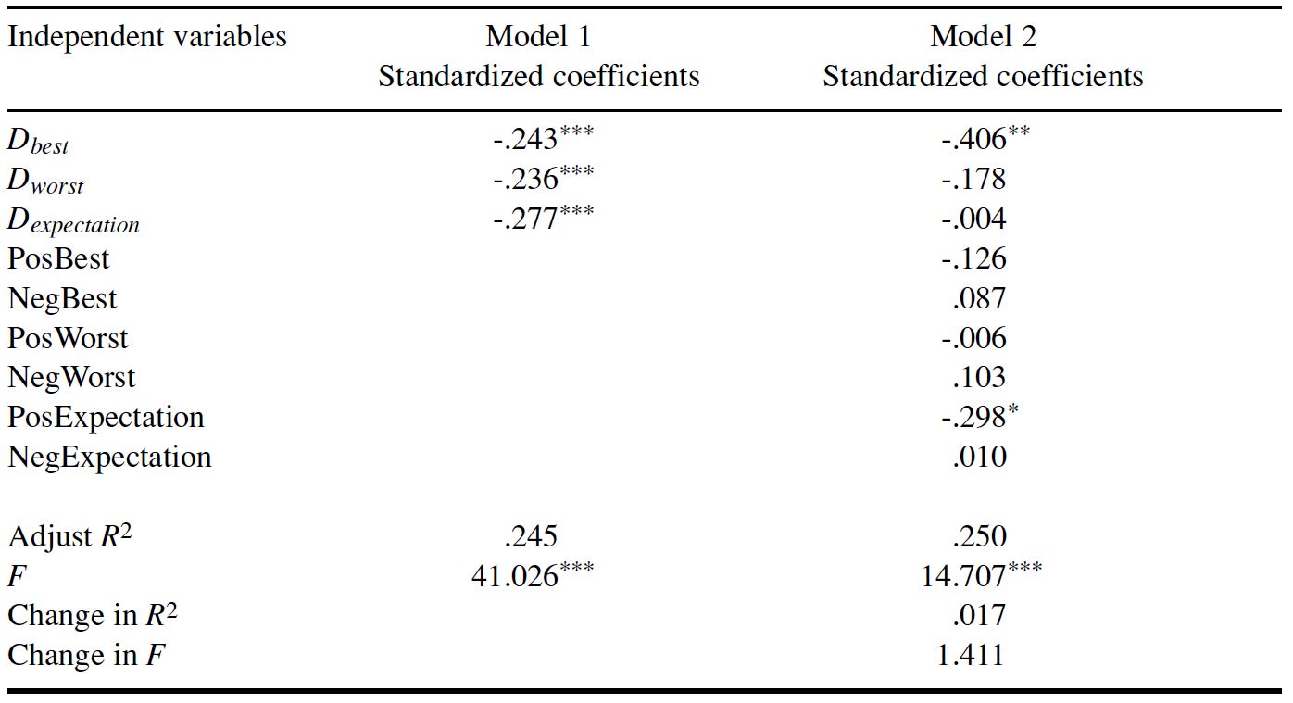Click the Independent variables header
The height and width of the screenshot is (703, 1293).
pyautogui.click(x=147, y=37)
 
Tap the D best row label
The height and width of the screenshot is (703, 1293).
pyautogui.click(x=38, y=143)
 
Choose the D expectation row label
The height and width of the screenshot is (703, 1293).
pyautogui.click(x=73, y=221)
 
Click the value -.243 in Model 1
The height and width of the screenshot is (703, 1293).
pyautogui.click(x=529, y=141)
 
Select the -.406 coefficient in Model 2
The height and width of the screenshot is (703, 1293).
pyautogui.click(x=973, y=141)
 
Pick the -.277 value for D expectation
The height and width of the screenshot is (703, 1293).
pyautogui.click(x=529, y=220)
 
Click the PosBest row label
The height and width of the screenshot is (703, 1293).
pyautogui.click(x=58, y=258)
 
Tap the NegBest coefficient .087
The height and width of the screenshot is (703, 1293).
pyautogui.click(x=979, y=298)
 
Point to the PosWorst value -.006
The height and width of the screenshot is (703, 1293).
pyautogui.click(x=973, y=338)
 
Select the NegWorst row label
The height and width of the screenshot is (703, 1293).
pyautogui.click(x=71, y=377)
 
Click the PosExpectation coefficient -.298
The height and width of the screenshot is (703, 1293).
pyautogui.click(x=973, y=418)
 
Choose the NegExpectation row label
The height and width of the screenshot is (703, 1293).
pyautogui.click(x=109, y=457)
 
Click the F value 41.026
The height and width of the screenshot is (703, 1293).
pyautogui.click(x=515, y=576)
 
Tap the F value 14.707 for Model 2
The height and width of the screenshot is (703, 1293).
pyautogui.click(x=960, y=576)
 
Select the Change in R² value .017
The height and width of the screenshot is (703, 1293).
pyautogui.click(x=979, y=616)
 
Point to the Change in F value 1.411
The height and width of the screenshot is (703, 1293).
pyautogui.click(x=971, y=656)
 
